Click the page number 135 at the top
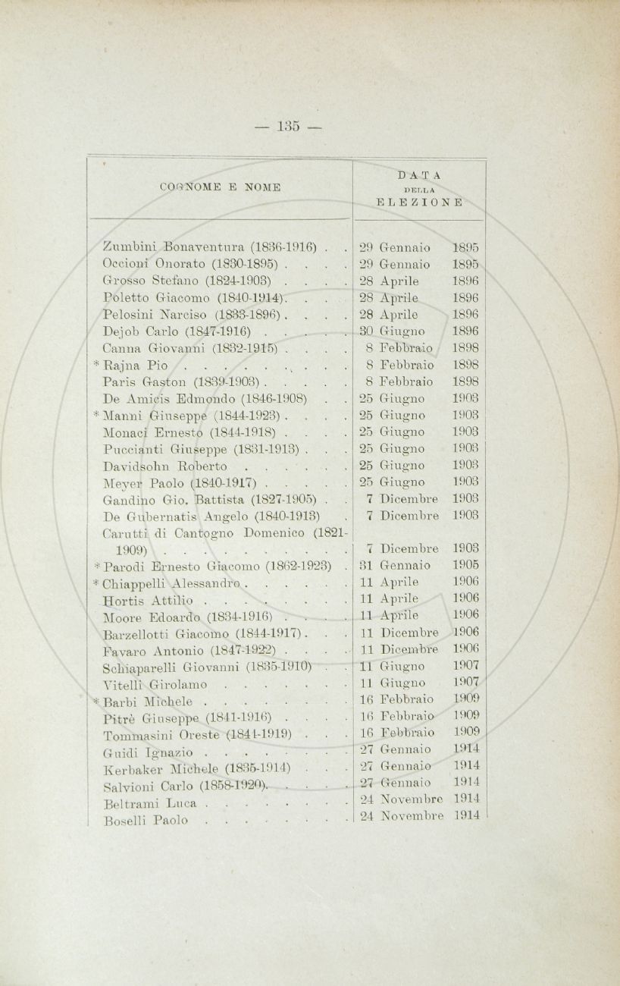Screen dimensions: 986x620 click(289, 126)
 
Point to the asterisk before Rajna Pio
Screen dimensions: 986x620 click(97, 363)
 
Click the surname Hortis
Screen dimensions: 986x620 click(121, 599)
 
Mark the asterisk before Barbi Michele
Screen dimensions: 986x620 click(97, 700)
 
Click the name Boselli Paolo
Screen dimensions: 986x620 click(144, 821)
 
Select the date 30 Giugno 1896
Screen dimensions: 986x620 click(418, 331)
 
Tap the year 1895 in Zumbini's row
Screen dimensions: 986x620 click(465, 247)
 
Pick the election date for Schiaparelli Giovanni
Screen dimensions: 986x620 click(418, 667)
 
